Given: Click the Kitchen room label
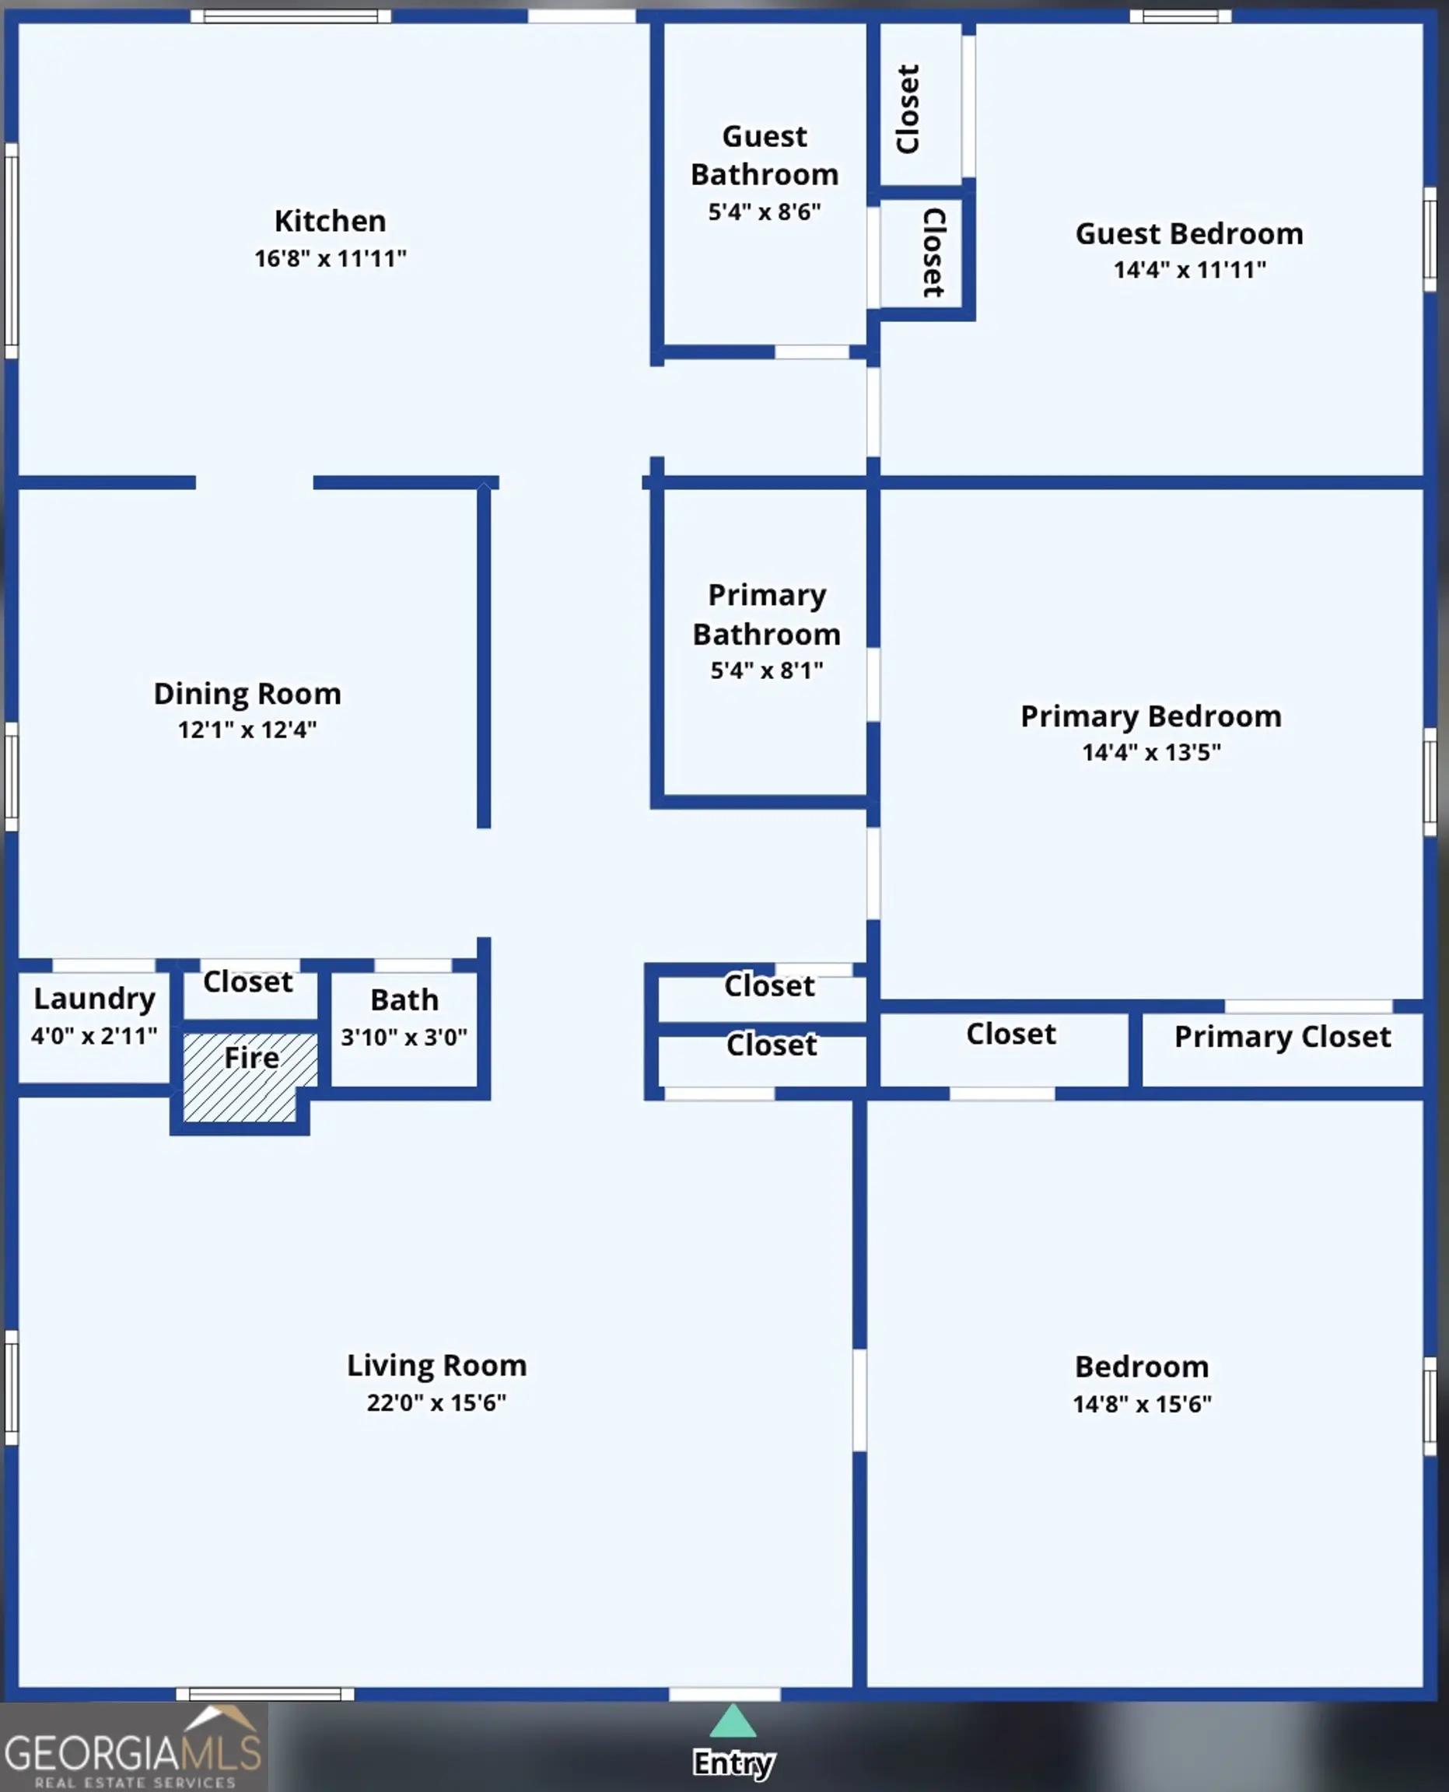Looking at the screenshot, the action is (x=331, y=221).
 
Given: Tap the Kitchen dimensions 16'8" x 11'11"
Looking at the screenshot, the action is (x=331, y=259).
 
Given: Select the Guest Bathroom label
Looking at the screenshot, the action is (x=765, y=156).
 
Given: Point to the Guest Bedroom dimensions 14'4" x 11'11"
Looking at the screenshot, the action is (x=1189, y=270).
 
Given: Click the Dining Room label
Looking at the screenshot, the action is (x=247, y=695).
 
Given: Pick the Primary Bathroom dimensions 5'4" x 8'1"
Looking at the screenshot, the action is (x=766, y=670).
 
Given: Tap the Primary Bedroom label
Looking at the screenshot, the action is (x=1151, y=716).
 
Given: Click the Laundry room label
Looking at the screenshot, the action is (x=94, y=999).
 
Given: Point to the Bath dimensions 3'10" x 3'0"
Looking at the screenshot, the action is (x=404, y=1038).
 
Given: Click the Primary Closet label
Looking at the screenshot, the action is (x=1283, y=1037).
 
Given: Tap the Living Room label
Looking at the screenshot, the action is (x=436, y=1366).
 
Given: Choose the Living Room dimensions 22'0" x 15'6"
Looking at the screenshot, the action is (x=436, y=1402).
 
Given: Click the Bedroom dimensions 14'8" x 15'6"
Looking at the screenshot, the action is (x=1142, y=1404).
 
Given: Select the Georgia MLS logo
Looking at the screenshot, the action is (x=134, y=1748).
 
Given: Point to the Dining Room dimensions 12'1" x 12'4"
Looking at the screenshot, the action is (x=247, y=730).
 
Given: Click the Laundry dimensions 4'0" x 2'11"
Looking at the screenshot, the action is (x=94, y=1037).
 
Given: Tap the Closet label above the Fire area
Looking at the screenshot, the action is (x=248, y=982).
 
